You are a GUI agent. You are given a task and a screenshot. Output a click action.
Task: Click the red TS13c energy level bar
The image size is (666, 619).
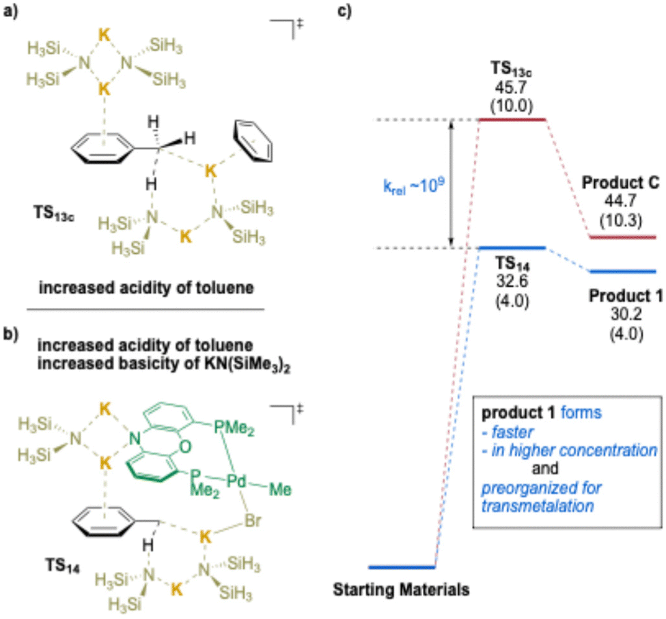[x=512, y=119]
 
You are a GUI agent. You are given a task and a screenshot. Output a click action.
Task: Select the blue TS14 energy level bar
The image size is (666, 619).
[x=512, y=247]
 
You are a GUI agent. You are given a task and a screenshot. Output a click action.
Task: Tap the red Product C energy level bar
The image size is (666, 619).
[x=623, y=237]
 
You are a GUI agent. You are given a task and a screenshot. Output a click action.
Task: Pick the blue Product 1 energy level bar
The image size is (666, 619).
[x=623, y=271]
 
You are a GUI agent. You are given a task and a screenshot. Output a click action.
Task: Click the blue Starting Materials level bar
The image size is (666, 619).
[x=402, y=566]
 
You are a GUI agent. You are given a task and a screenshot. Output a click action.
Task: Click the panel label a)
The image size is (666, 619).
[x=12, y=12]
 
